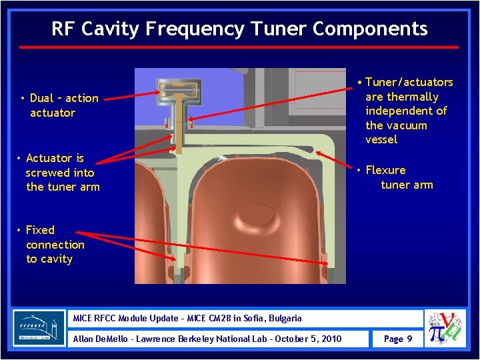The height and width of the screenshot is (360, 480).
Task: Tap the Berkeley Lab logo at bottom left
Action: tap(39, 327)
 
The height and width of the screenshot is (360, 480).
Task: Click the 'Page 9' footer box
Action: tap(398, 339)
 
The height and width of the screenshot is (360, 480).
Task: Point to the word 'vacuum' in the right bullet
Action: tap(407, 125)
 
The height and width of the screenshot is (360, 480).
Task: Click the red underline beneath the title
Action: tap(239, 47)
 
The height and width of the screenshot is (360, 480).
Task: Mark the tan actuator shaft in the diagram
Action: tap(178, 130)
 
